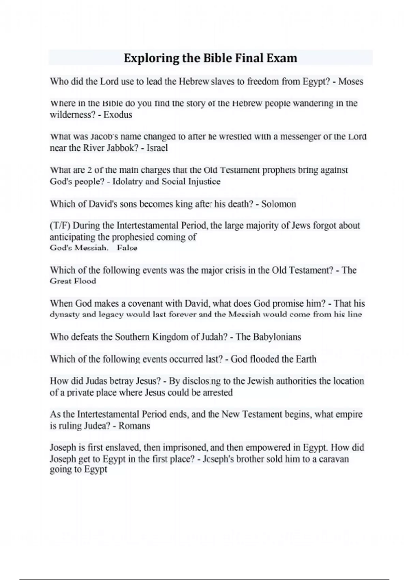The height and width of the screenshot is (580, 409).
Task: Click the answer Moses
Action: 351,82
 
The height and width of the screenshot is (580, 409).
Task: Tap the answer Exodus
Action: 118,115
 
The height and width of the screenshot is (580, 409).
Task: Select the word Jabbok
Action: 119,148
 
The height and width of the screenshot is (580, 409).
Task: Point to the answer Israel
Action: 157,148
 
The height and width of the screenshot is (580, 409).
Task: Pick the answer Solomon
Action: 278,204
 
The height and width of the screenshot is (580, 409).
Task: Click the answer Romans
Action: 134,426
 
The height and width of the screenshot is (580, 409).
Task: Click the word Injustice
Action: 204,182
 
